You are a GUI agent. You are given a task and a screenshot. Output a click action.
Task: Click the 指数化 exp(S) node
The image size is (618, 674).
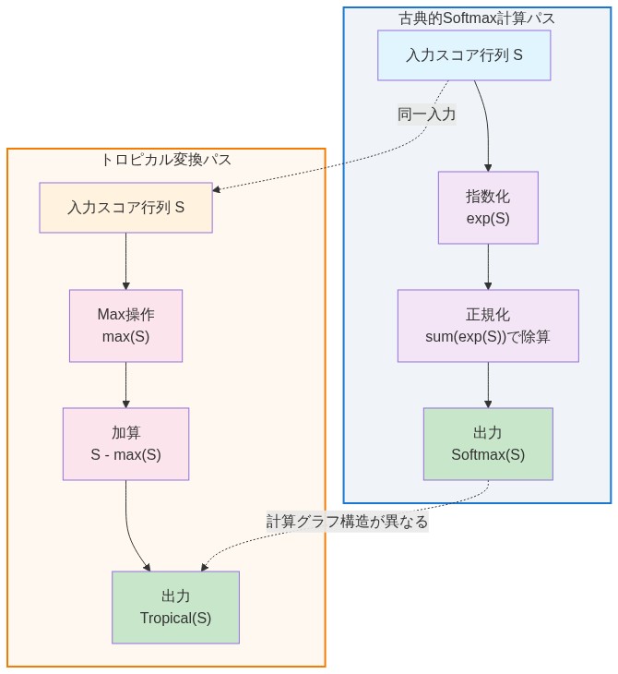tap(487, 208)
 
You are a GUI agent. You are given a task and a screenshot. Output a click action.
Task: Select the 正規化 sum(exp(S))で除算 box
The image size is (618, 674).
tap(487, 326)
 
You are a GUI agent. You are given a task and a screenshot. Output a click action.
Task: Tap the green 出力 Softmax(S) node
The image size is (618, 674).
tap(487, 444)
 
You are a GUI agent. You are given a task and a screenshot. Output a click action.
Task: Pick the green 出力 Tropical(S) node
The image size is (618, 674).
tap(175, 607)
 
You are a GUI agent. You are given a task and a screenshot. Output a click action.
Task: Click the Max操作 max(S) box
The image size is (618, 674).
tap(125, 325)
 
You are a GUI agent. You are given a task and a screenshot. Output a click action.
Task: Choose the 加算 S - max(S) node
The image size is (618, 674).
tap(125, 443)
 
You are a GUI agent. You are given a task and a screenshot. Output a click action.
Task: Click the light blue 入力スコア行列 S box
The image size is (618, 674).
tap(464, 55)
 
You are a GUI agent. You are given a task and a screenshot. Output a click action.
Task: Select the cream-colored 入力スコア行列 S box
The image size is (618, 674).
tap(125, 208)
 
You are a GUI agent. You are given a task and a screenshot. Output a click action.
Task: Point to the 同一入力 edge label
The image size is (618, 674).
tap(426, 114)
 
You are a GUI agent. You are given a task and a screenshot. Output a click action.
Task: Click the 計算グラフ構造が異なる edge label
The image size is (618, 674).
tap(347, 522)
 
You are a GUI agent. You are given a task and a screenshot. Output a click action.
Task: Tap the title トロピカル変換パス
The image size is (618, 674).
tap(166, 160)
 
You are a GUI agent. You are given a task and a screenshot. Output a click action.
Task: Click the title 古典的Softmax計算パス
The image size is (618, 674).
tap(477, 18)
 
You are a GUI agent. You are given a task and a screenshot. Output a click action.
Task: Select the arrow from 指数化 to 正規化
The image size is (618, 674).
tap(487, 267)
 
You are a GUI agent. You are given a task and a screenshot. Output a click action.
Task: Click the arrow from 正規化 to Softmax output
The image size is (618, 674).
tap(487, 385)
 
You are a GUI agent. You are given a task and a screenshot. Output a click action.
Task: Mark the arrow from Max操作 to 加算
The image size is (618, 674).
tap(125, 385)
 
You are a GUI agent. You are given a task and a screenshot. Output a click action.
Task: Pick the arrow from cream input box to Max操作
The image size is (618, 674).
tap(125, 261)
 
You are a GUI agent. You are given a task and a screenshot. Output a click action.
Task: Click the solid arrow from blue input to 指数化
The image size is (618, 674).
tap(486, 125)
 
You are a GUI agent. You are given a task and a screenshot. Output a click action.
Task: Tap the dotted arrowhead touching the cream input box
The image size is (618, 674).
tap(217, 189)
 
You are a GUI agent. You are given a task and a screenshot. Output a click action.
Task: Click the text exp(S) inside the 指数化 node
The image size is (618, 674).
tap(487, 219)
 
